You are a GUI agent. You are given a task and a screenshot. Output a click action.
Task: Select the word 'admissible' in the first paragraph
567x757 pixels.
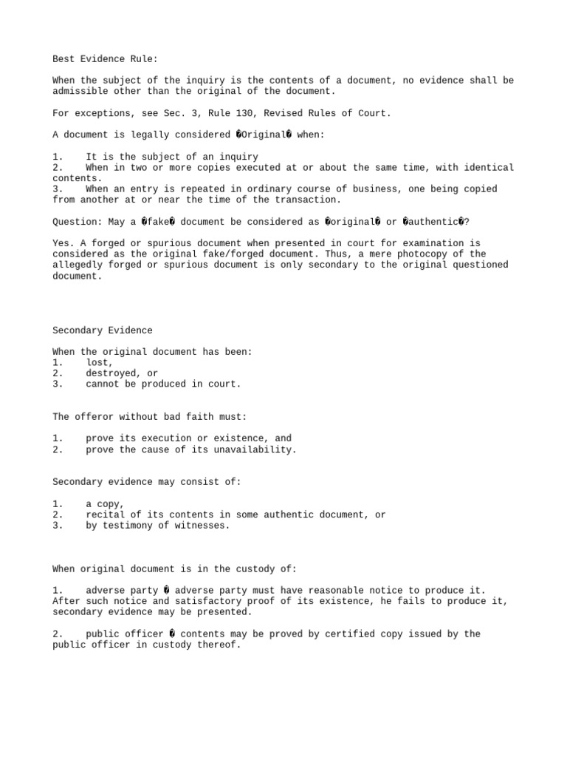[x=80, y=91]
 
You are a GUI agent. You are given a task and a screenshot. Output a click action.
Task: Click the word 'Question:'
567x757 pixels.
[x=78, y=221]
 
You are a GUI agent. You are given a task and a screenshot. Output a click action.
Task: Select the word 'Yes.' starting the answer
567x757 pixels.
[x=63, y=243]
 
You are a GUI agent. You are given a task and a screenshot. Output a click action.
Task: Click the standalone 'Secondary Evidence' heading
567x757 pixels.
[x=103, y=330]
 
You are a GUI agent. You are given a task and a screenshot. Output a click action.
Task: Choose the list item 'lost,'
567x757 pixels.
[x=100, y=363]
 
